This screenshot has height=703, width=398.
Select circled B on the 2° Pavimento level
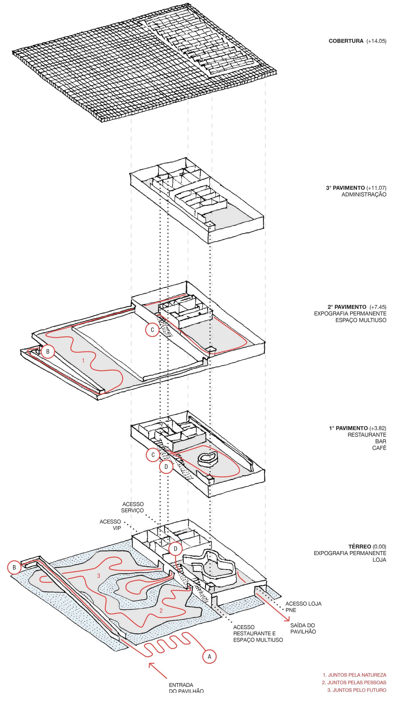[48, 351]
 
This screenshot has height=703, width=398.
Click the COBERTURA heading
[346, 41]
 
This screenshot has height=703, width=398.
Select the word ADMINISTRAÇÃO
[364, 195]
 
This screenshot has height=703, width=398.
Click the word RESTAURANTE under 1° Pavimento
[367, 435]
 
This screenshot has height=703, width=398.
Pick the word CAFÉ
[379, 448]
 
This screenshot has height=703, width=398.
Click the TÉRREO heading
[359, 546]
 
